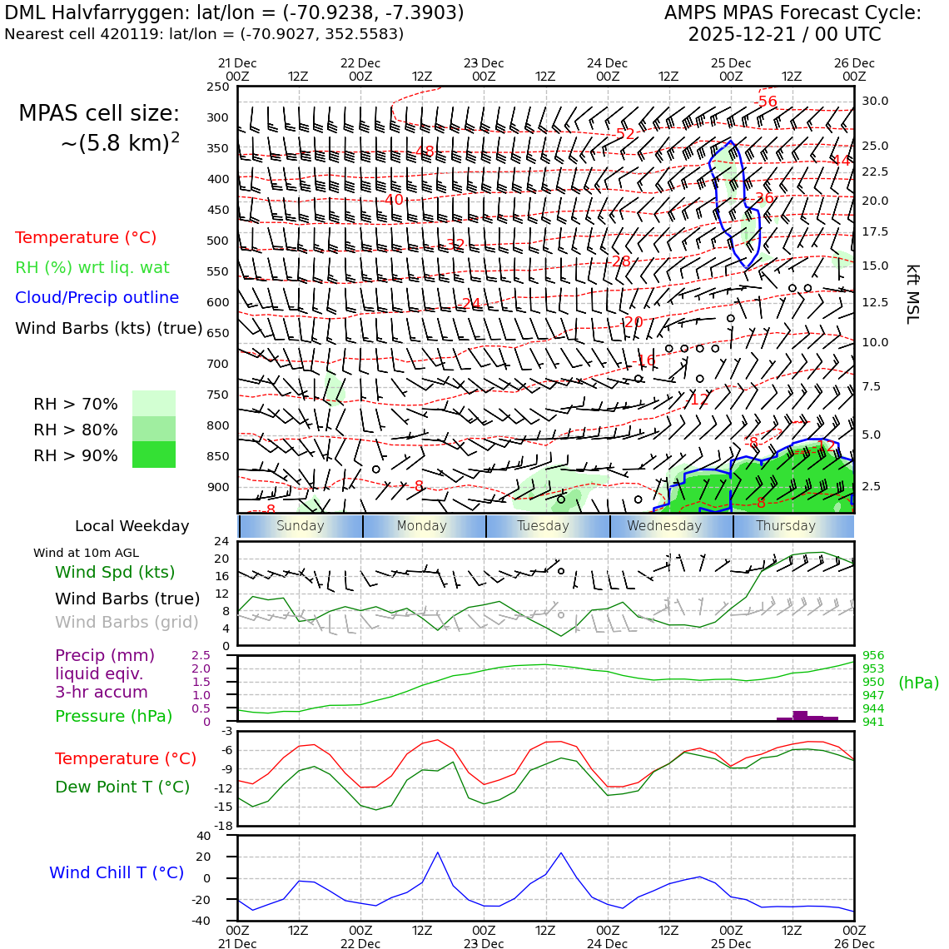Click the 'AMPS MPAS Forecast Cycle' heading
tap(792, 13)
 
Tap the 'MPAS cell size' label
tap(99, 114)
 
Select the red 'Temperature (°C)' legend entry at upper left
tap(86, 238)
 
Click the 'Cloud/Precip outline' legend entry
tap(97, 298)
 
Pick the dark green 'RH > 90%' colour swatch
tap(154, 455)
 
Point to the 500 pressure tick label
tap(217, 241)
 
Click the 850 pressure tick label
tap(217, 456)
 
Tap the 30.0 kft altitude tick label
tap(875, 102)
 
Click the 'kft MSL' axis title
tap(912, 294)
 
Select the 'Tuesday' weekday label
tap(543, 526)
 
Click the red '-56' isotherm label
tap(766, 102)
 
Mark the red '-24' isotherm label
tap(471, 304)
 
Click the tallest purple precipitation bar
tap(800, 715)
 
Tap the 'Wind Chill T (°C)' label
tap(117, 873)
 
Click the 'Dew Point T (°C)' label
tap(122, 788)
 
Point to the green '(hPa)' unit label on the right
tap(918, 683)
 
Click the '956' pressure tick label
tap(873, 656)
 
